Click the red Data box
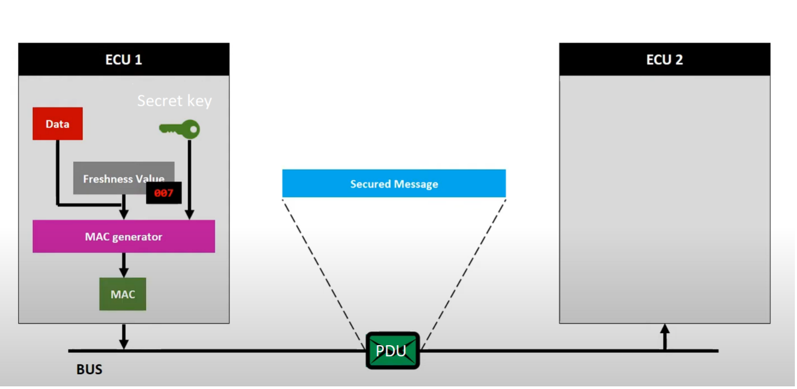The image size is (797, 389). [x=57, y=124]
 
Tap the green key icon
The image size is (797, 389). [x=180, y=129]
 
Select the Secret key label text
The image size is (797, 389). [x=174, y=100]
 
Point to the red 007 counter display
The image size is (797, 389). [x=164, y=193]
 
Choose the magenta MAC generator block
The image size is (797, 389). [x=124, y=237]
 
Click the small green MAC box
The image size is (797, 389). [x=123, y=294]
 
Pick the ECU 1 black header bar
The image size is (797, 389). [x=124, y=59]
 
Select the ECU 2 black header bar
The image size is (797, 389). [x=665, y=59]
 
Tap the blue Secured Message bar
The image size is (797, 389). [x=394, y=184]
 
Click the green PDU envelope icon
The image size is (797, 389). [x=392, y=350]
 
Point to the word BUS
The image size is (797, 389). [x=89, y=369]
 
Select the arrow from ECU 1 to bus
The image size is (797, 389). [x=124, y=336]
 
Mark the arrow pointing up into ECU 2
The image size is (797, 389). [x=665, y=336]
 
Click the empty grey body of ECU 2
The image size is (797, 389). [x=665, y=201]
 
